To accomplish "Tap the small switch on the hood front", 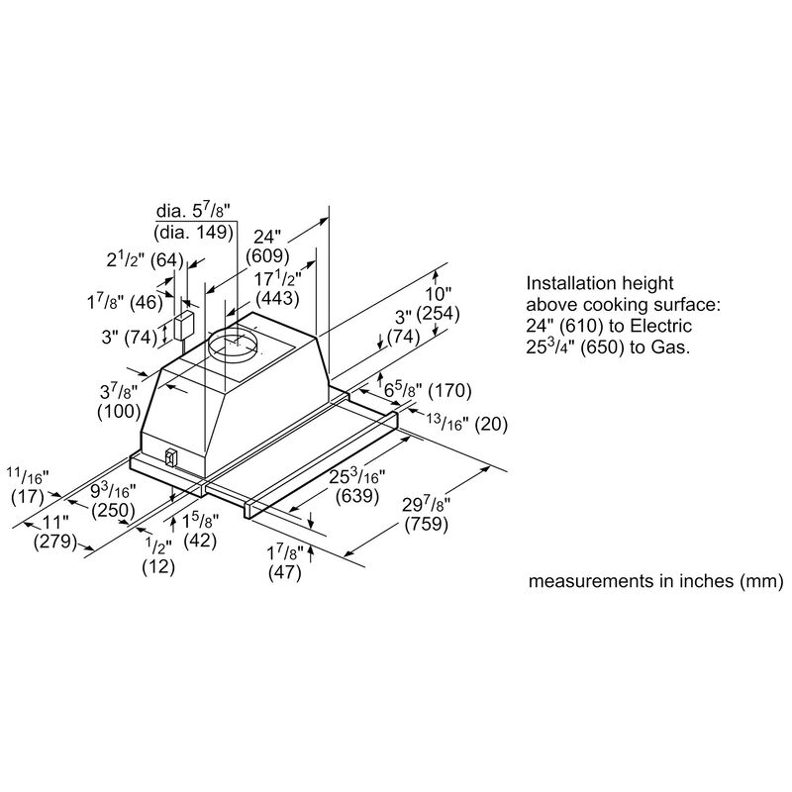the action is pyautogui.click(x=171, y=457).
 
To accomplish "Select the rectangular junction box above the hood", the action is pyautogui.click(x=184, y=327).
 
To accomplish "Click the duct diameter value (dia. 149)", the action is pyautogui.click(x=194, y=232).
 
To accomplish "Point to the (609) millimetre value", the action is pyautogui.click(x=267, y=256).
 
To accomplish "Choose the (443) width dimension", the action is pyautogui.click(x=278, y=298).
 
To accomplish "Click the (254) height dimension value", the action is pyautogui.click(x=438, y=314).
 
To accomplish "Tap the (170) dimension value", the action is pyautogui.click(x=449, y=390).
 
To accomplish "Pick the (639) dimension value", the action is pyautogui.click(x=357, y=496).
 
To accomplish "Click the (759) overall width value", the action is pyautogui.click(x=427, y=524).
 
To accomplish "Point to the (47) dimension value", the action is pyautogui.click(x=285, y=572).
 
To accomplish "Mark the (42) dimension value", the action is pyautogui.click(x=200, y=541).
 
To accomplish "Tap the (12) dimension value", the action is pyautogui.click(x=158, y=566).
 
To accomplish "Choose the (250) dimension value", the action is pyautogui.click(x=113, y=510).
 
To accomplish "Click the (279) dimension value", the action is pyautogui.click(x=55, y=542).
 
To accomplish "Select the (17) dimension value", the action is pyautogui.click(x=28, y=497).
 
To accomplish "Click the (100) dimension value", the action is pyautogui.click(x=119, y=411).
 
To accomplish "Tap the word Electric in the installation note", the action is pyautogui.click(x=660, y=326).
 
